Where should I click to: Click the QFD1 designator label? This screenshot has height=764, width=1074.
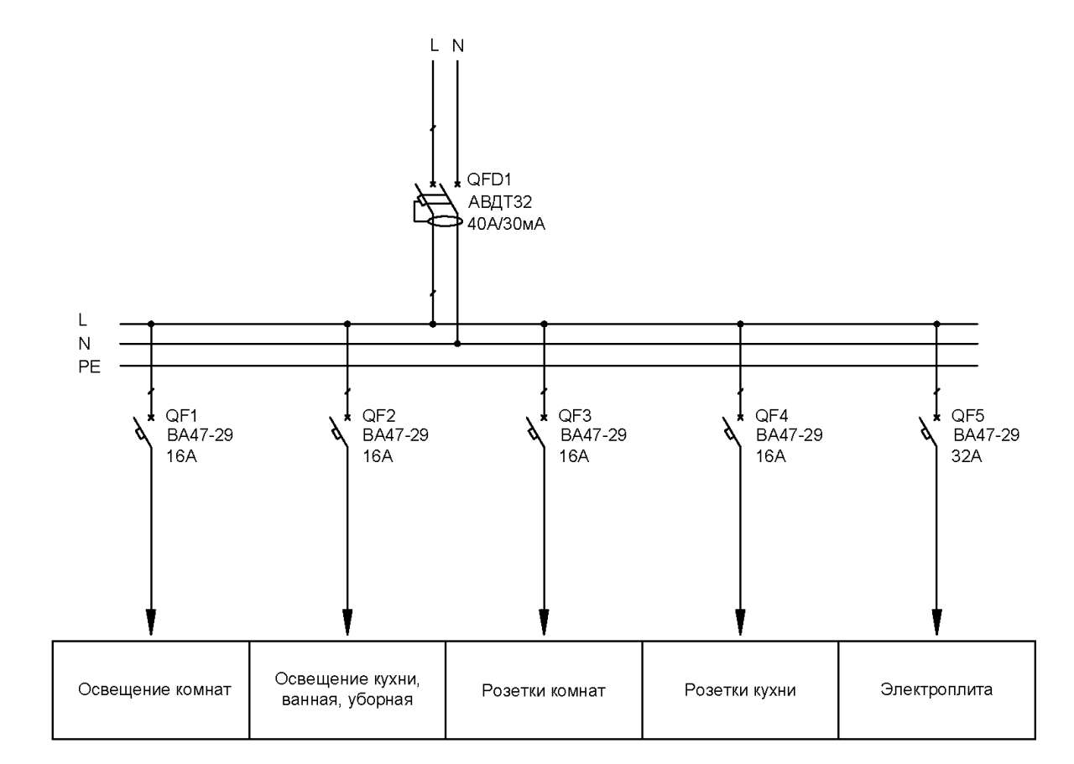489,179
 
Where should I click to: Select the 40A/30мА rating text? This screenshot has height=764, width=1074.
506,224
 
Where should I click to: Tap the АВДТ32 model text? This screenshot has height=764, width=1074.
500,202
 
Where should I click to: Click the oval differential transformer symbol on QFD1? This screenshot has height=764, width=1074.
445,221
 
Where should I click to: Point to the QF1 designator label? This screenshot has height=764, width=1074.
181,416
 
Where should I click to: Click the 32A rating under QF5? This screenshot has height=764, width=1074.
967,456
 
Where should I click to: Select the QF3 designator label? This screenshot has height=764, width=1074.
575,416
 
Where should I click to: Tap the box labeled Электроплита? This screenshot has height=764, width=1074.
936,689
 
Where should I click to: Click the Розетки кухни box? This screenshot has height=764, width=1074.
740,689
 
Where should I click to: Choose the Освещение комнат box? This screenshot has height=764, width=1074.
151,689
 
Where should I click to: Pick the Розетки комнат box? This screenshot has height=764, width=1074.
544,689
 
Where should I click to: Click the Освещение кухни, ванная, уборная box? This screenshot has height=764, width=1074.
347,689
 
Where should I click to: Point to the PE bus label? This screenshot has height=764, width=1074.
89,367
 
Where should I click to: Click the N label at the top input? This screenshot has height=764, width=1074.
458,46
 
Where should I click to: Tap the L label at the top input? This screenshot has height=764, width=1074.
434,45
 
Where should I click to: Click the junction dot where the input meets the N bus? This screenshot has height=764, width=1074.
457,344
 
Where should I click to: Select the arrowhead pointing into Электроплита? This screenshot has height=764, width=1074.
937,622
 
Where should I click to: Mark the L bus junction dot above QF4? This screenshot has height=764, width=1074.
740,324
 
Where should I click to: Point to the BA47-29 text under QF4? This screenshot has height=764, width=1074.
790,435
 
